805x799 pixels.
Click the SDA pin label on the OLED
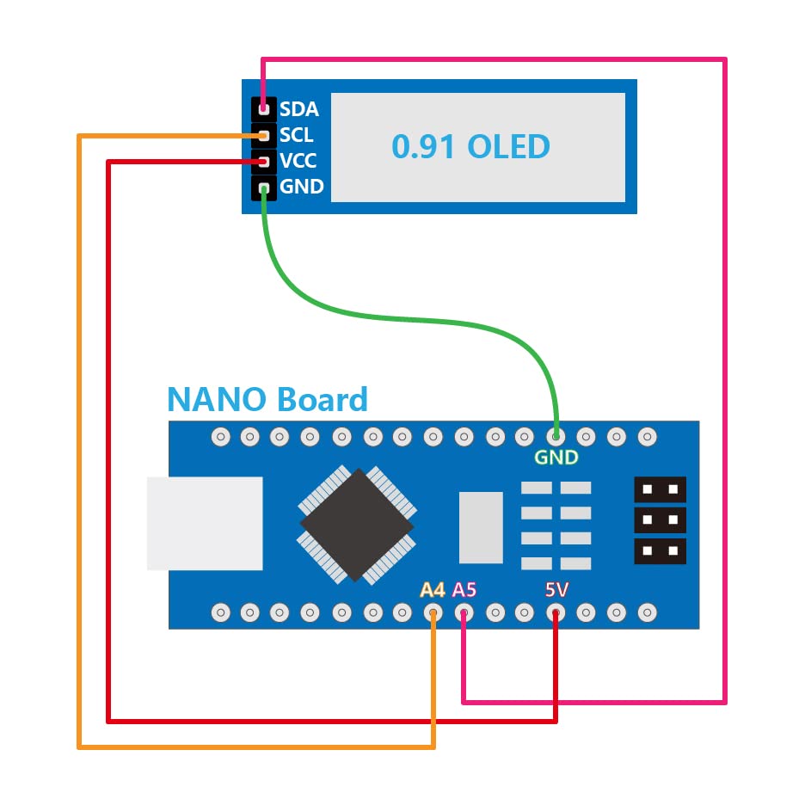tap(298, 109)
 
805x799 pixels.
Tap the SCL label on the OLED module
tap(296, 135)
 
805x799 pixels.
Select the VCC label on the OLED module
tap(298, 161)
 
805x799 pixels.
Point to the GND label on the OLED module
tap(301, 187)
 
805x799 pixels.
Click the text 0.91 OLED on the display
tap(470, 146)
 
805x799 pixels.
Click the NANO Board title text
tap(267, 399)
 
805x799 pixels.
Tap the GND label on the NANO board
tap(556, 458)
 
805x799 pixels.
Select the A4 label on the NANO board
tap(433, 590)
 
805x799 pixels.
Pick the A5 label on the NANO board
tap(464, 590)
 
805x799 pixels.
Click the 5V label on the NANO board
tap(556, 590)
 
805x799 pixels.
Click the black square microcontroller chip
tap(356, 525)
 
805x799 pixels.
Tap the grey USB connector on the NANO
tap(205, 523)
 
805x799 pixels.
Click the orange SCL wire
tap(79, 430)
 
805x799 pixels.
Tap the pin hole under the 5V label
tap(556, 613)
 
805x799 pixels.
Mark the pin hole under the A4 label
tap(433, 613)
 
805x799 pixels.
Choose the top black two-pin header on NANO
tap(660, 489)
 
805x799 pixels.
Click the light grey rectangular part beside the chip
tap(481, 527)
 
